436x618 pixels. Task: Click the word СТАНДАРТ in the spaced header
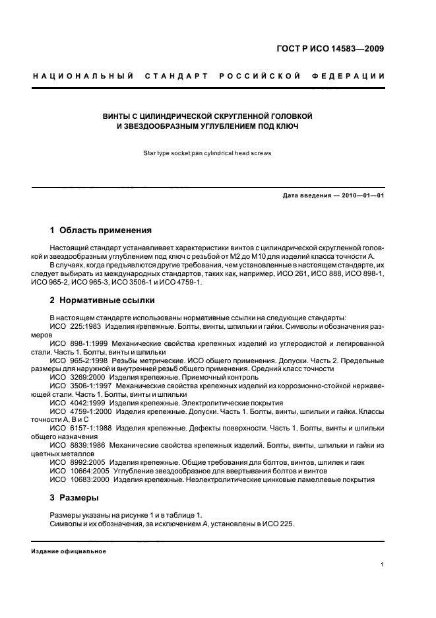tap(179, 77)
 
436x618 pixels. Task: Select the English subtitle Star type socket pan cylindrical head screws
tap(208, 153)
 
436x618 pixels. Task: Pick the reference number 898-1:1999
tap(90, 343)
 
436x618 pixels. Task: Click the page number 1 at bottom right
tap(383, 565)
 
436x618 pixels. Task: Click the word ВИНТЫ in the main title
tap(115, 116)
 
